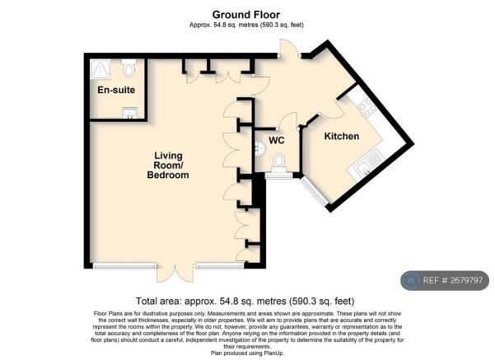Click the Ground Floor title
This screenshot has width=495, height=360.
coord(246,15)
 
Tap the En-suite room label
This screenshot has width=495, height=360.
coord(116,90)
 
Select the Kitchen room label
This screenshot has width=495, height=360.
coord(342,136)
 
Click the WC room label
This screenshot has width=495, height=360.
coord(277,140)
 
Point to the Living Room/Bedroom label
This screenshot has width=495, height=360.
coord(168,165)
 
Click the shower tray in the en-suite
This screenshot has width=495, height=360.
coord(100,69)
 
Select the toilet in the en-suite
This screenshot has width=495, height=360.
coord(128,68)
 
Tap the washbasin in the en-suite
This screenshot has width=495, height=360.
coord(130,113)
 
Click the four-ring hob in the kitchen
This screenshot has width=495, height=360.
coord(367,106)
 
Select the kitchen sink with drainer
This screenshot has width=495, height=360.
coord(367,165)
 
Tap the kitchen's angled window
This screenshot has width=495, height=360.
coord(314,191)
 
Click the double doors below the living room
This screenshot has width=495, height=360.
coord(175,273)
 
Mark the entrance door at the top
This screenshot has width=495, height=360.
coord(289,49)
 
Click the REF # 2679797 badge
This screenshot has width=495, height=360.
coord(445,280)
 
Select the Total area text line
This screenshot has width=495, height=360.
coord(245,301)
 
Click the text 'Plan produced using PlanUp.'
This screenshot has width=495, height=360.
coord(247,353)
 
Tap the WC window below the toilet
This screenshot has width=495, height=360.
coord(279,175)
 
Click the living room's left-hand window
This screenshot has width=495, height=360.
coord(125,266)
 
